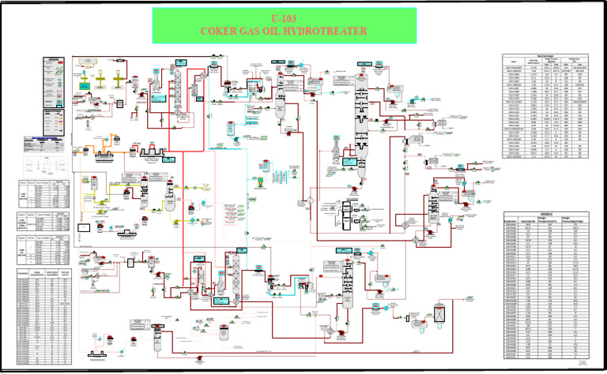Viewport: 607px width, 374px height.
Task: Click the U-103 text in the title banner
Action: point(285,19)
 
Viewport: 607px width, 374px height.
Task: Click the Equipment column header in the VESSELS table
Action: point(515,221)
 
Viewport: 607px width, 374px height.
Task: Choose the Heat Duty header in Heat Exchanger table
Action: point(533,62)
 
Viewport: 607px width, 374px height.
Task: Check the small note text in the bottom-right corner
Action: point(584,362)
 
